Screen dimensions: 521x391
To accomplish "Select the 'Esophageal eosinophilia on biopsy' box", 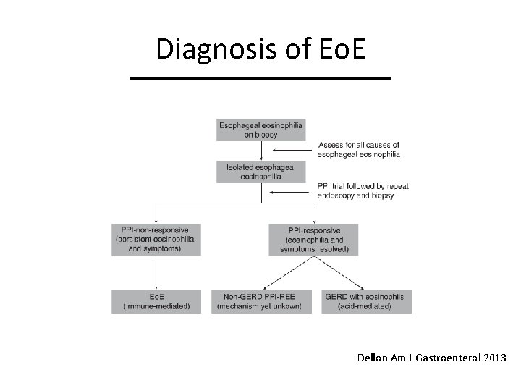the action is click(260, 129).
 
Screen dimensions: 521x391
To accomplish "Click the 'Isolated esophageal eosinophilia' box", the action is click(260, 171).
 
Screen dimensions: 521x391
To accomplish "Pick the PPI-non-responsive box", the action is click(156, 239).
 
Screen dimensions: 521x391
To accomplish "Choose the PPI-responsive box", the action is click(313, 239).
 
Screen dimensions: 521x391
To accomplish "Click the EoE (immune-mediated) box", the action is click(156, 301).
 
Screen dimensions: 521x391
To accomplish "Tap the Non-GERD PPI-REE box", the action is click(258, 301).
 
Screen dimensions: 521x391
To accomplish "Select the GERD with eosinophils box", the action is click(365, 301).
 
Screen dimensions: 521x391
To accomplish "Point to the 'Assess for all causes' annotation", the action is click(358, 150).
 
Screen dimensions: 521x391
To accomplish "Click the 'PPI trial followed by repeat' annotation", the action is click(363, 191).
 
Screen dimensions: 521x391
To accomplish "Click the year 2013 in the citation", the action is click(493, 358).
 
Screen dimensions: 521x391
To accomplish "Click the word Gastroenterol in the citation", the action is click(444, 358).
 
